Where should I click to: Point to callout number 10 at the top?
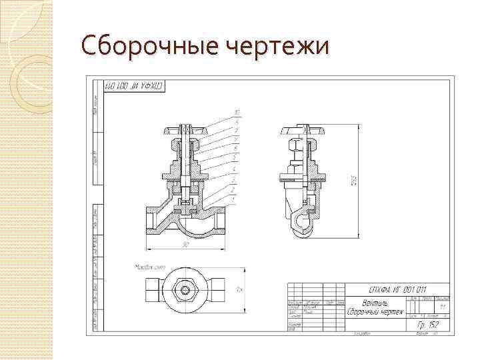[x=237, y=111]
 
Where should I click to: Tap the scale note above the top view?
[x=147, y=267]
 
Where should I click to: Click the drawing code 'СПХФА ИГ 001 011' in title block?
[x=397, y=289]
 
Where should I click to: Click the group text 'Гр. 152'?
[x=429, y=324]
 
